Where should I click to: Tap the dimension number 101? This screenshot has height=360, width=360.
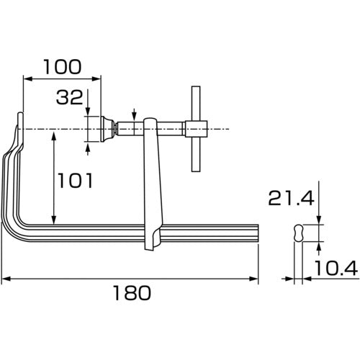(x=73, y=181)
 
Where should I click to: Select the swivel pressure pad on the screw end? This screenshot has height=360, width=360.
(x=107, y=130)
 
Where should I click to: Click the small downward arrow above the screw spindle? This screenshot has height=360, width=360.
(x=135, y=114)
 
